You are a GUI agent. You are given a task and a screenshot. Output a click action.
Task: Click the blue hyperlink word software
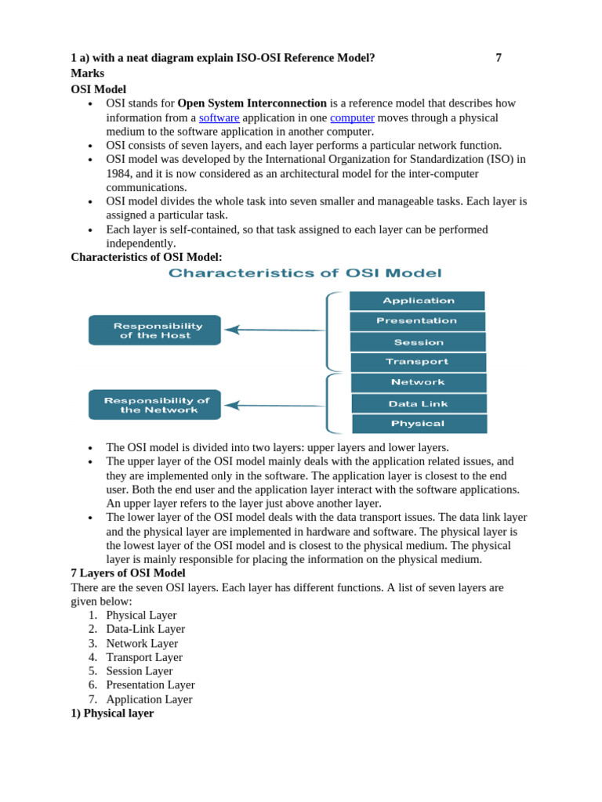[219, 117]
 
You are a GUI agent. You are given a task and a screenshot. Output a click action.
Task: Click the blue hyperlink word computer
[352, 117]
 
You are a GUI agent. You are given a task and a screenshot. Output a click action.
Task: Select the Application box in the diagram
[418, 301]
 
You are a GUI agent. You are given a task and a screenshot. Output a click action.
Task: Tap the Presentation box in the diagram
[417, 321]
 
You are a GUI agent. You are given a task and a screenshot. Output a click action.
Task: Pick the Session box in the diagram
[418, 342]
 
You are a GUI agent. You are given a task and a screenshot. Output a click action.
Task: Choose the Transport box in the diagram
[418, 362]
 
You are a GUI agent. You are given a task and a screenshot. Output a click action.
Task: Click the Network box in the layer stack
[418, 382]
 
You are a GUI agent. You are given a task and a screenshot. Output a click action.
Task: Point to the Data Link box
[419, 403]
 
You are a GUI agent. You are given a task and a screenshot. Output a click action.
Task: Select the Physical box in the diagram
[419, 424]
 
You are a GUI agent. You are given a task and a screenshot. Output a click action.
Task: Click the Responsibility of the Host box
[155, 331]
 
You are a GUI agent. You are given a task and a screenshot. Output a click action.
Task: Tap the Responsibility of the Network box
[155, 405]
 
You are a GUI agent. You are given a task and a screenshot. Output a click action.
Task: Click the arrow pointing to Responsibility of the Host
[274, 330]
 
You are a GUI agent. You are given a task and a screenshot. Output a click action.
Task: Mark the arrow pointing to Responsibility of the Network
[274, 405]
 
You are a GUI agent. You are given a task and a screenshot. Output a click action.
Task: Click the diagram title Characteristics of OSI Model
[305, 273]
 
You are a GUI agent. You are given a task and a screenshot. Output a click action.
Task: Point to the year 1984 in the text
[120, 173]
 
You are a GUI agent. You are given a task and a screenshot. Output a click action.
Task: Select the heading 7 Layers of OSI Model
[128, 573]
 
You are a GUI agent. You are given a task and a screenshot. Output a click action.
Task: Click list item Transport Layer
[144, 657]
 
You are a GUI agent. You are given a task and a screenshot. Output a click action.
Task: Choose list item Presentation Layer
[150, 685]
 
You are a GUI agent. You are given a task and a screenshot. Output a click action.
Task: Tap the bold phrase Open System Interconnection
[252, 103]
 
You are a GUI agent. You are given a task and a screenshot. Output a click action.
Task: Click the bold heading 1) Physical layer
[112, 713]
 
